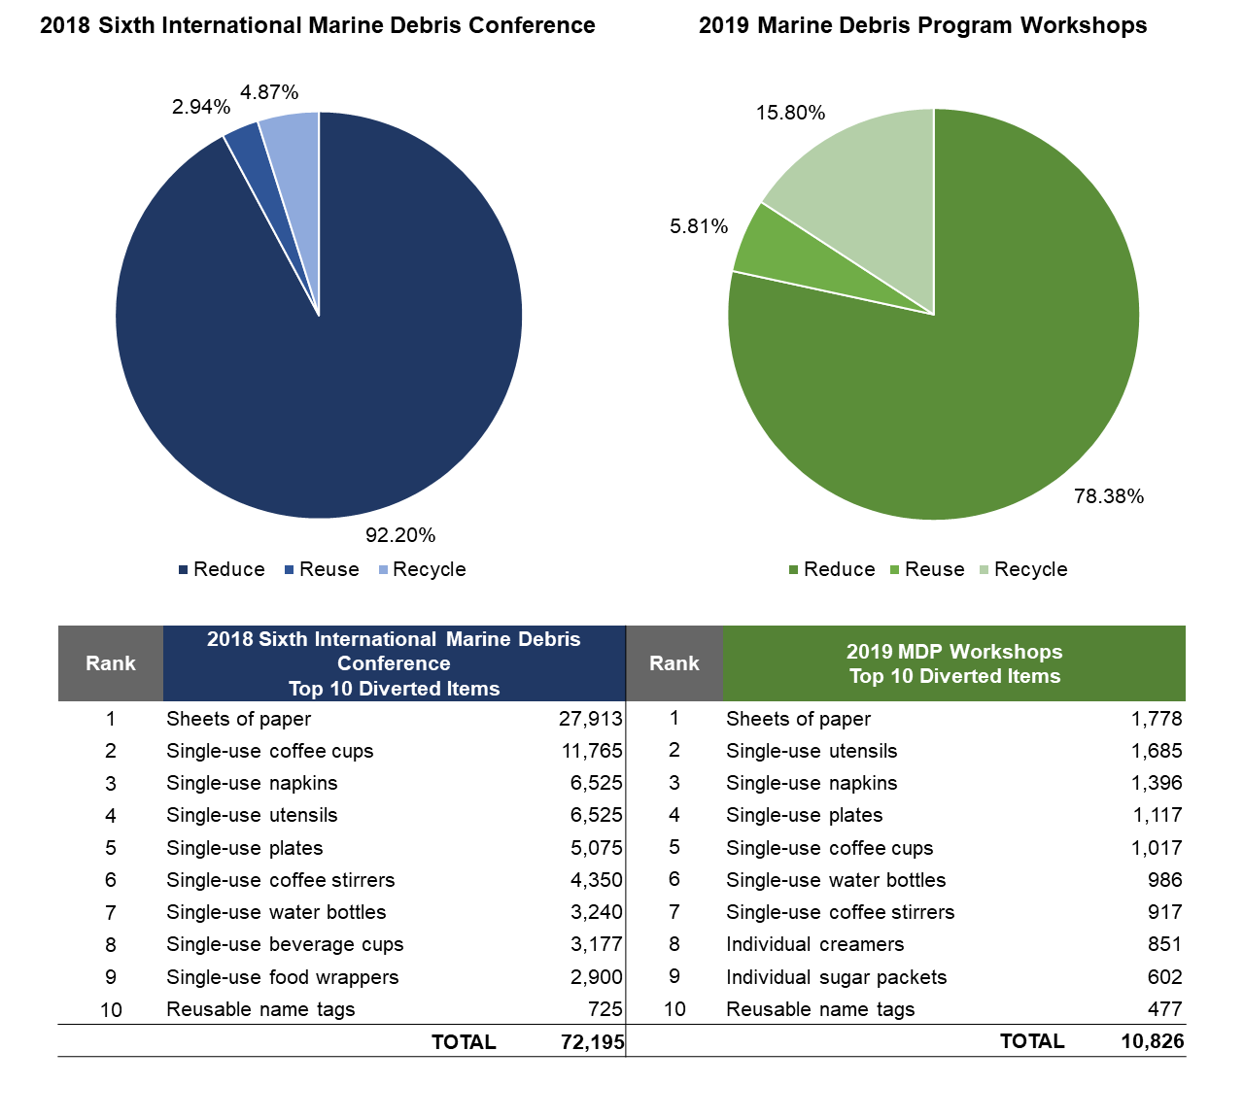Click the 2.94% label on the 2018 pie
201,107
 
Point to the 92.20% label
400,535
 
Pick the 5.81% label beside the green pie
699,226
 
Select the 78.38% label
1109,496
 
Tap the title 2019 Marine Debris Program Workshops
922,25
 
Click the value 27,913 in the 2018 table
591,719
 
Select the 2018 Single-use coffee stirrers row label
280,880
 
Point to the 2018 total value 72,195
592,1042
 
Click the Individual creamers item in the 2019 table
814,944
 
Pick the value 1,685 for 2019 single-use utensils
1157,751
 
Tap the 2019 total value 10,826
1153,1041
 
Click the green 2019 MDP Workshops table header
954,663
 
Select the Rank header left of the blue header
111,663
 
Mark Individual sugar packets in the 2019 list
836,977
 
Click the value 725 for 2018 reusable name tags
605,1009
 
